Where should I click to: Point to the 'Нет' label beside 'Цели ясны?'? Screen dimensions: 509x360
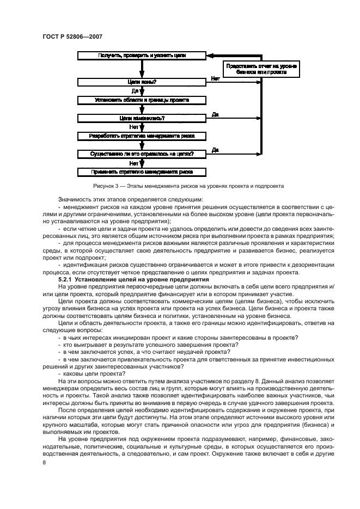[215, 79]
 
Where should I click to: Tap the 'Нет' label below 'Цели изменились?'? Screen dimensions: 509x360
[133, 127]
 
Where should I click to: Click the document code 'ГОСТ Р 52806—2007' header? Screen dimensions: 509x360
[72, 36]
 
